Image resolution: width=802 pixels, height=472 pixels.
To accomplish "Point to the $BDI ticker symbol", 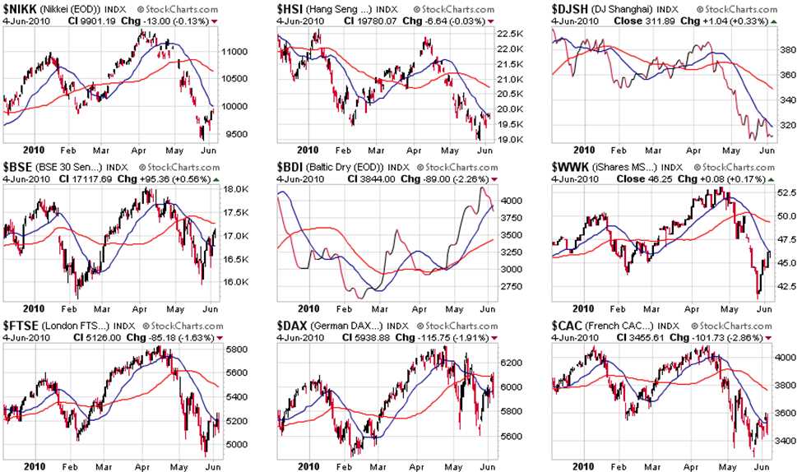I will [x=291, y=167].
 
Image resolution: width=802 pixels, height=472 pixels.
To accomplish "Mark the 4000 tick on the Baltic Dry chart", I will [x=508, y=200].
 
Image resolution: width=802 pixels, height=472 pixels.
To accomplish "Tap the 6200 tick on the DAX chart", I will [x=508, y=362].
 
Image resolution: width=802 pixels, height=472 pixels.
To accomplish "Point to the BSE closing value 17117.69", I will [x=91, y=178].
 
